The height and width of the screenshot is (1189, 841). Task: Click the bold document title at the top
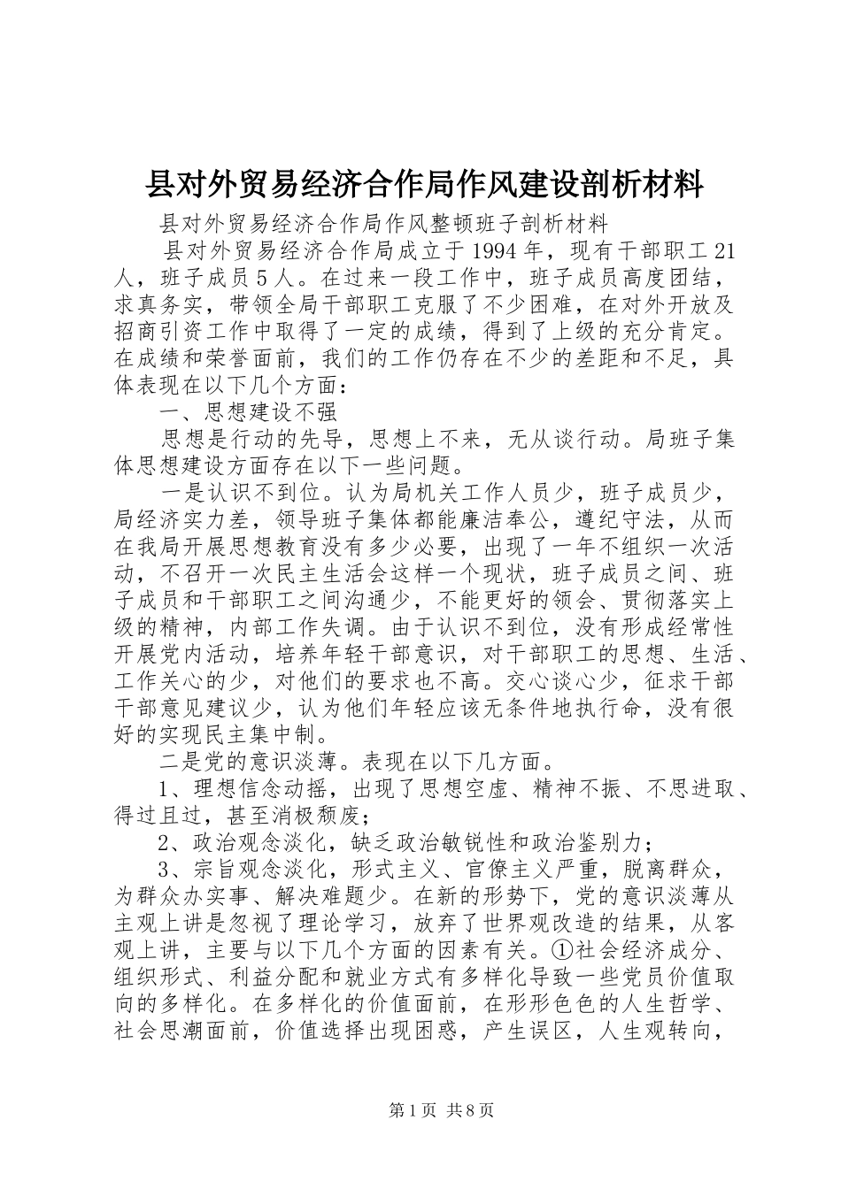(424, 185)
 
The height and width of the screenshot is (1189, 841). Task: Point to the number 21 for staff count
(722, 252)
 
